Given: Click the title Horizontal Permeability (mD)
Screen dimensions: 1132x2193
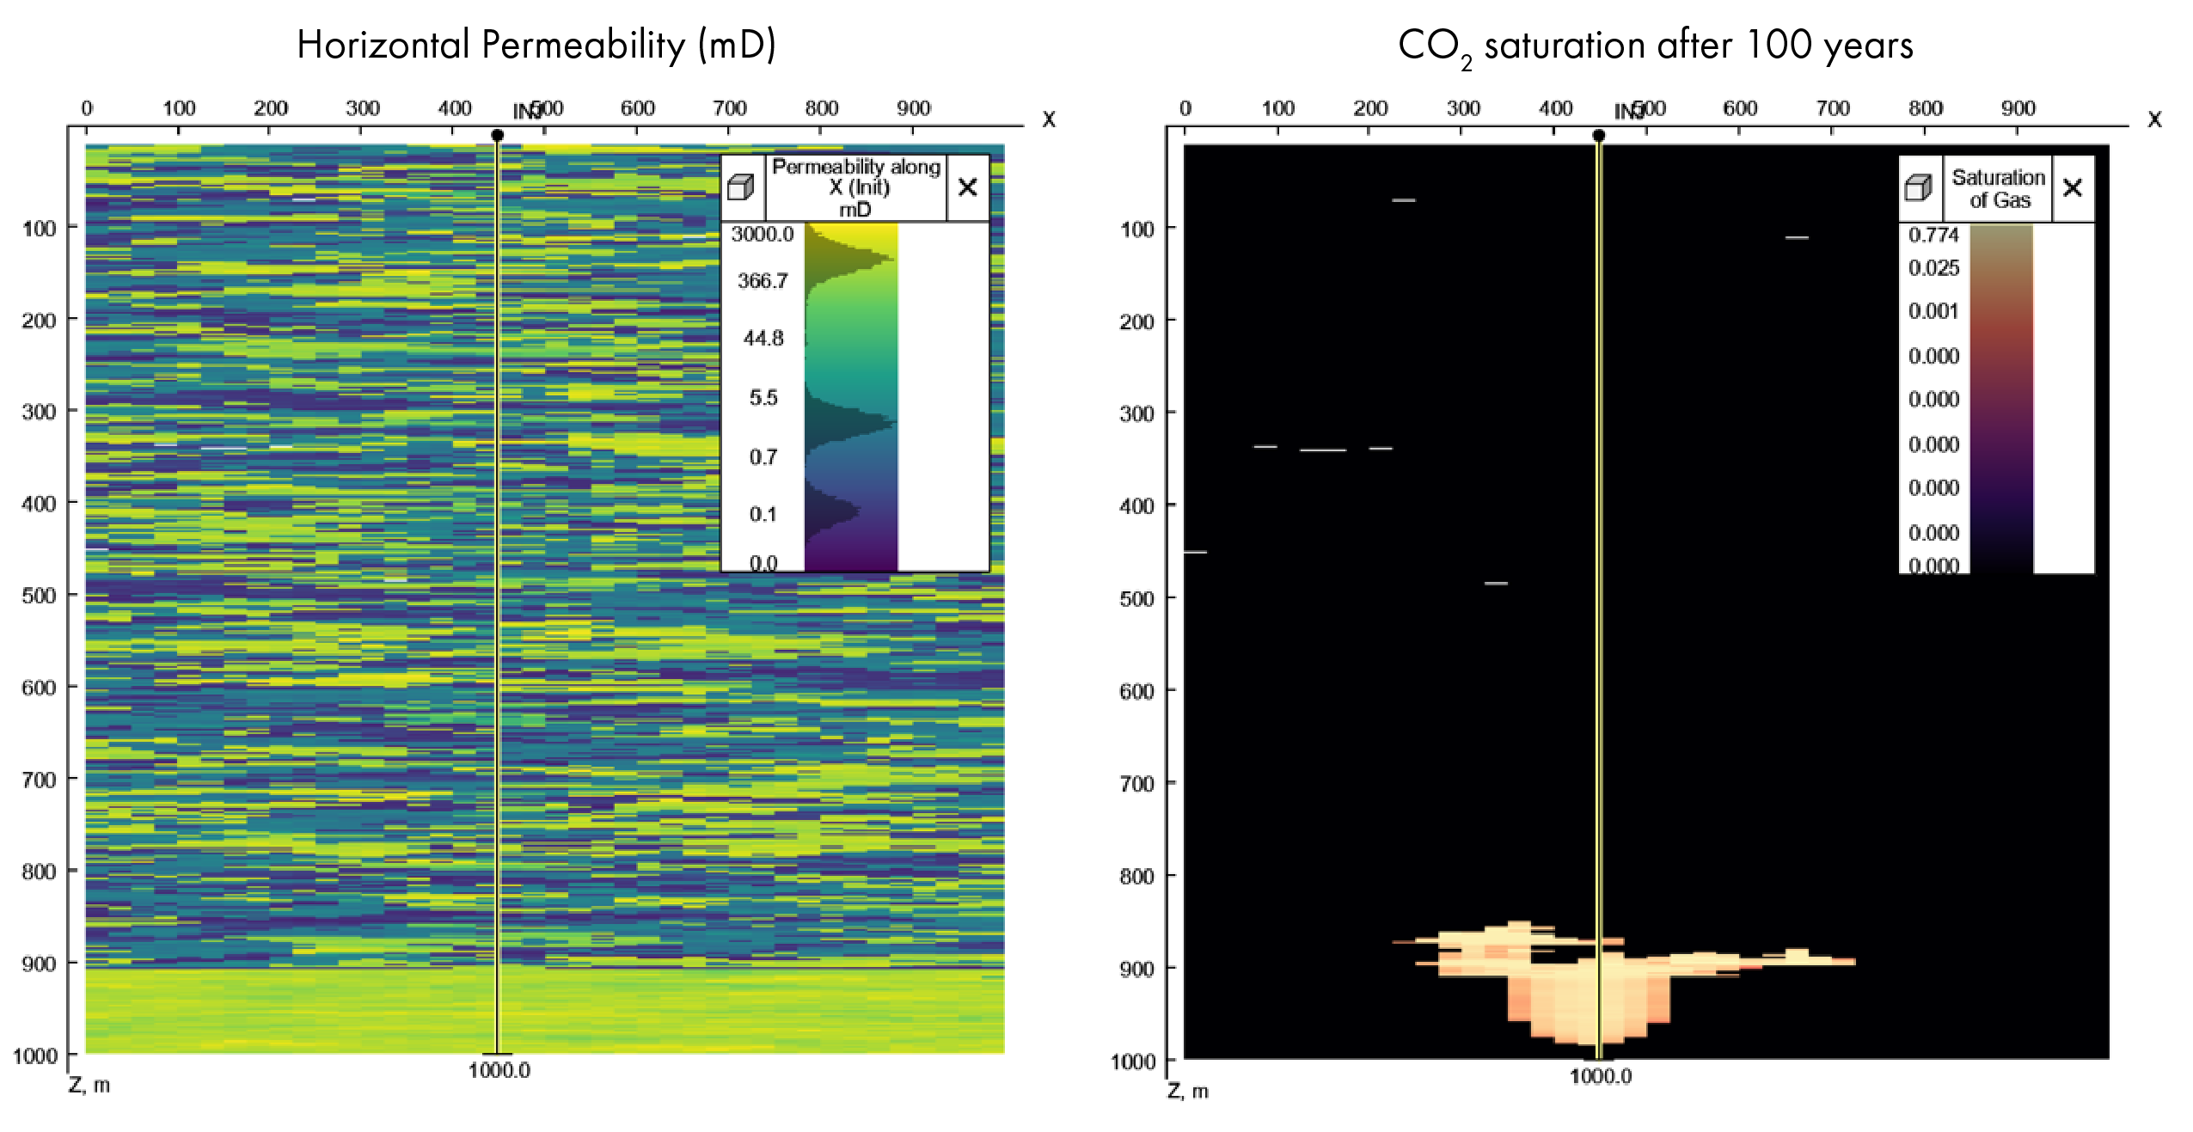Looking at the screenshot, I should pos(536,45).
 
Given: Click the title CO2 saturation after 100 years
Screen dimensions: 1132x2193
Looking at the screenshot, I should pos(1655,46).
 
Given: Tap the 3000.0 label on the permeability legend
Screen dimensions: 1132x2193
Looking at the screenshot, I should pos(762,235).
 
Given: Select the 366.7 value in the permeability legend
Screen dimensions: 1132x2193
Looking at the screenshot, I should pos(762,281).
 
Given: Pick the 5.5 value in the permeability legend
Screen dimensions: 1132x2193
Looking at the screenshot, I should pos(763,398).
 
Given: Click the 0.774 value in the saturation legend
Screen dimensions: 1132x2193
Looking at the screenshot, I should pos(1933,236).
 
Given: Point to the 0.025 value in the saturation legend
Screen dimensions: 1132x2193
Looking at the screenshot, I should pos(1933,268).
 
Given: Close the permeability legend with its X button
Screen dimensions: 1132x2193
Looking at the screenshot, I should pos(967,187).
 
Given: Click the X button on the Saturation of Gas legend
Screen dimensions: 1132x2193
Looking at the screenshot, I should pos(2072,188).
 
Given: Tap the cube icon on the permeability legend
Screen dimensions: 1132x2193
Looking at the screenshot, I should pos(740,187).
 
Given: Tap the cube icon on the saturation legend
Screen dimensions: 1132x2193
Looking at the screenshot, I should pos(1918,188).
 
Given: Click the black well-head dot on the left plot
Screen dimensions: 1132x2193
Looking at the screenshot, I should pos(497,135).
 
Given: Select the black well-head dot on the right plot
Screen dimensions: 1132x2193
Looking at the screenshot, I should pos(1598,135).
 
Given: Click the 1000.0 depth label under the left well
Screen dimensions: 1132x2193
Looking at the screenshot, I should pos(499,1071).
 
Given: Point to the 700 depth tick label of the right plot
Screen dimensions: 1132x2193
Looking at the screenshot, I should pos(1136,784).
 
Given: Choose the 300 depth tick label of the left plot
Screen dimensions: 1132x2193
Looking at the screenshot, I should pos(39,412).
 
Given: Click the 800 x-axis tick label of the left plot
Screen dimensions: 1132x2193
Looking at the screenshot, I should pos(821,108).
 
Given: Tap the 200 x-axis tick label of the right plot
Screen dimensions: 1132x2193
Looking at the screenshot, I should pos(1369,108).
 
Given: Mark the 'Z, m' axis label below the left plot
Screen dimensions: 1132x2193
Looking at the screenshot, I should pos(89,1086).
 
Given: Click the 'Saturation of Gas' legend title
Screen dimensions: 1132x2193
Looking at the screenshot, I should pos(1998,189).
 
